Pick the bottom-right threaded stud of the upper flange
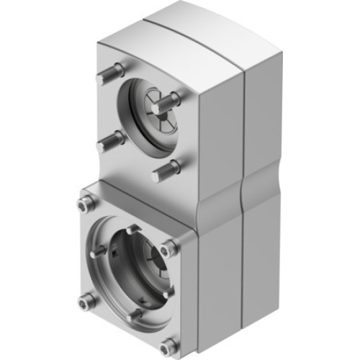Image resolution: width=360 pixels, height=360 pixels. tap(166, 170)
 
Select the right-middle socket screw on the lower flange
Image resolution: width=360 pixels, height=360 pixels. tap(168, 249)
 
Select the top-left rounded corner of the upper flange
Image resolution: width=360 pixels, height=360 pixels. tap(102, 45)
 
